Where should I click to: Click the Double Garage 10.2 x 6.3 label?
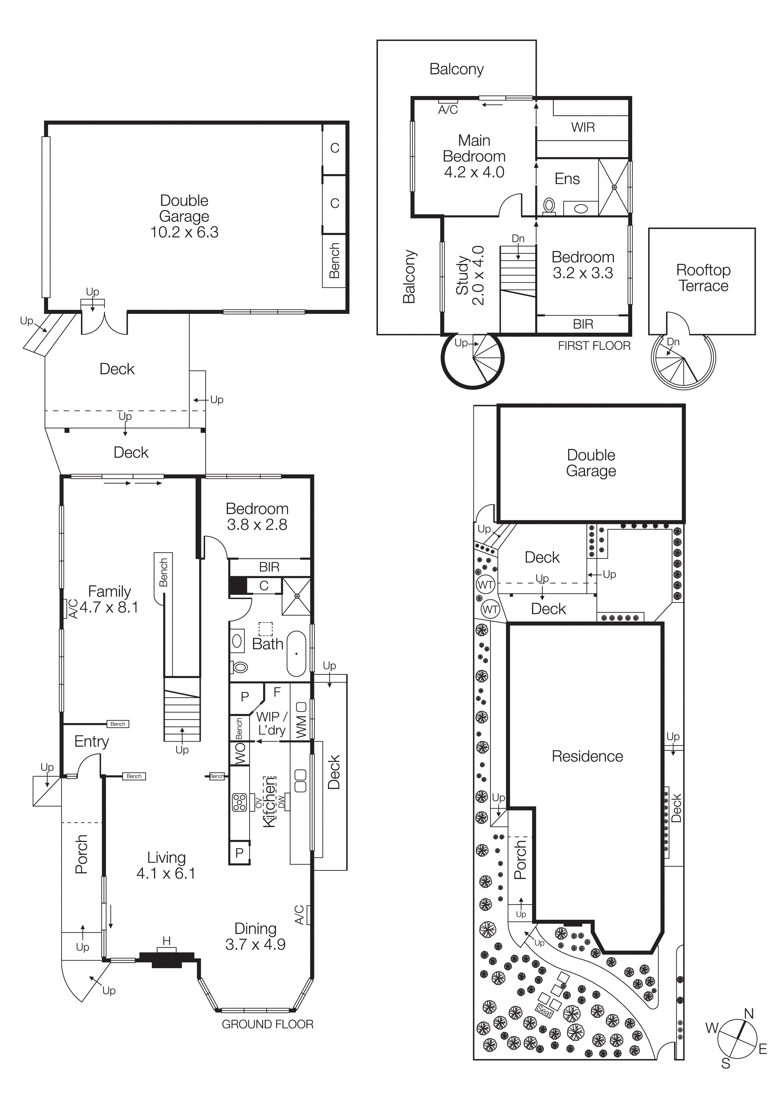[x=184, y=216]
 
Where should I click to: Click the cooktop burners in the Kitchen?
[x=240, y=803]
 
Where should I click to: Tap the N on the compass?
[x=749, y=1014]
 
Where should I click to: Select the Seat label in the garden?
[x=544, y=1010]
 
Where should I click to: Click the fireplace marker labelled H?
[x=167, y=941]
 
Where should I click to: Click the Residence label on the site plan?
[x=587, y=756]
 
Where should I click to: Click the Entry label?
[x=91, y=741]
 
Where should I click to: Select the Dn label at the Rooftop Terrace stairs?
[x=673, y=342]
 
